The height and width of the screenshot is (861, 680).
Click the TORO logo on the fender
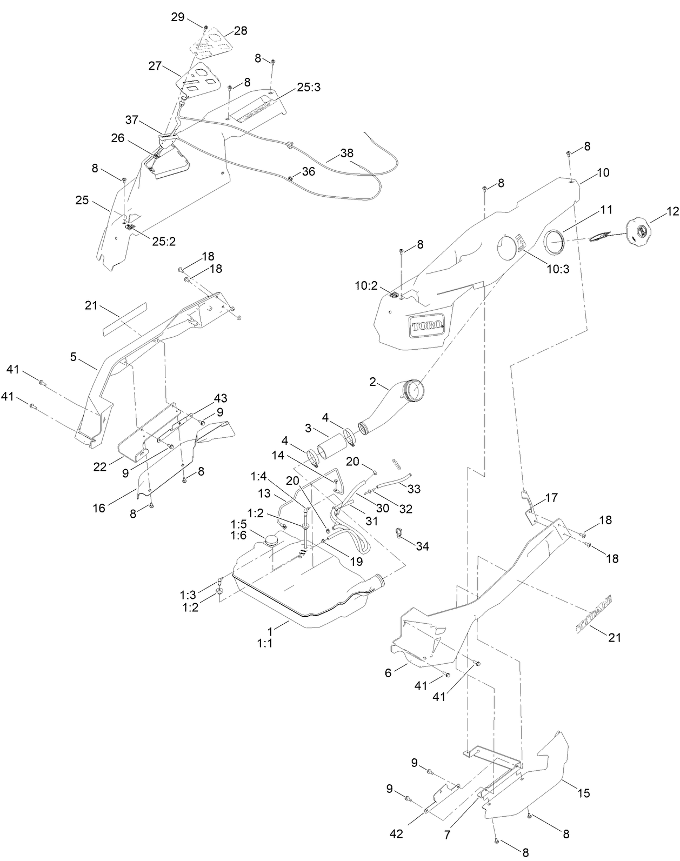click(x=425, y=326)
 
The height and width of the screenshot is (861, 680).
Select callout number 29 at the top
click(x=178, y=17)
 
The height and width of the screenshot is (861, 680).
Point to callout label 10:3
click(x=558, y=269)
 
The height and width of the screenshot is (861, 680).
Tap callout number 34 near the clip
click(x=422, y=546)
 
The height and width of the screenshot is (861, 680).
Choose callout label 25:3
click(x=309, y=87)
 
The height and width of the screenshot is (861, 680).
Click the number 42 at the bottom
click(x=396, y=834)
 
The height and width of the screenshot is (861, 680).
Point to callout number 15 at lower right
click(x=583, y=793)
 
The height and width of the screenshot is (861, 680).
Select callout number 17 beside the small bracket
click(x=552, y=497)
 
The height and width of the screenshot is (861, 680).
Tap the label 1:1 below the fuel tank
click(x=265, y=644)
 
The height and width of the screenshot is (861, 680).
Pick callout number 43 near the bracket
click(x=220, y=398)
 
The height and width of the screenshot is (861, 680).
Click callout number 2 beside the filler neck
click(x=372, y=382)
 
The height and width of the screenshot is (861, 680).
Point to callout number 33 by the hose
click(x=414, y=489)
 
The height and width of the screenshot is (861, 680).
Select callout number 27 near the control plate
click(x=155, y=66)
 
